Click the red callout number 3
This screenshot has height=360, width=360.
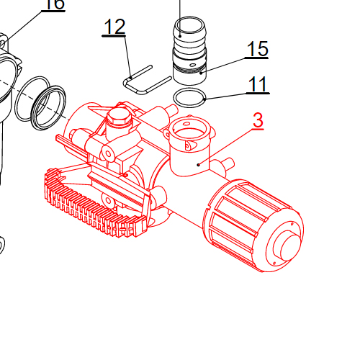point(258,121)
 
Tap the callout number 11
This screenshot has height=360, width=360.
point(257,84)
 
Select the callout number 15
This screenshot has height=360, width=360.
point(257,49)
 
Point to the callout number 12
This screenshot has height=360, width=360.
point(114,27)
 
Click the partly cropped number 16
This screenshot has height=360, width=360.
point(53,4)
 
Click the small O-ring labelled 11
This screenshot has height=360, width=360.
point(190,97)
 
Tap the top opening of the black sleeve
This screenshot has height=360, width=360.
point(189,29)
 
